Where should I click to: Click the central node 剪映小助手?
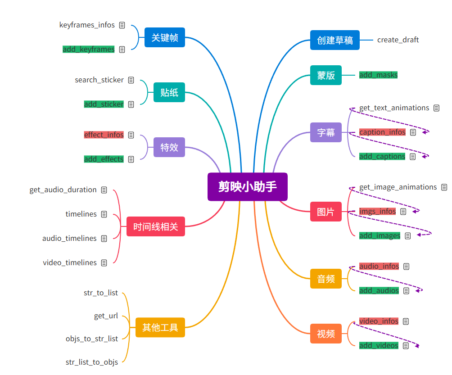click(247, 186)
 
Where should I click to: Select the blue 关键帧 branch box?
click(165, 38)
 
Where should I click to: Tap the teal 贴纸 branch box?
click(169, 93)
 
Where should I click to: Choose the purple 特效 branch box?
click(169, 147)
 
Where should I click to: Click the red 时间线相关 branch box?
click(156, 226)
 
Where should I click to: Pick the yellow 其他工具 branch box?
click(160, 327)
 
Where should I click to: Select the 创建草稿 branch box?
click(335, 40)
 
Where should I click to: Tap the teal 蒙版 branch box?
click(326, 75)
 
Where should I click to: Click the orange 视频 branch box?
click(326, 334)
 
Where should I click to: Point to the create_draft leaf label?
click(398, 40)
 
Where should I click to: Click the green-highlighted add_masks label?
click(378, 75)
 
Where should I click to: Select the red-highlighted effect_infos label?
click(104, 135)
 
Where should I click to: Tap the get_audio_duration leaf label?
click(63, 190)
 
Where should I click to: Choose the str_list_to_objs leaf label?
click(92, 362)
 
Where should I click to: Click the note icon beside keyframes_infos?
click(122, 25)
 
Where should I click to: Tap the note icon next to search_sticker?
click(131, 80)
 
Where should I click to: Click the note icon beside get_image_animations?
click(444, 187)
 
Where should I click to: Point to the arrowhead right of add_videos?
click(417, 346)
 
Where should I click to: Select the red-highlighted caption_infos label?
click(382, 132)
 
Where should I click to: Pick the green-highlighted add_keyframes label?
click(89, 50)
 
